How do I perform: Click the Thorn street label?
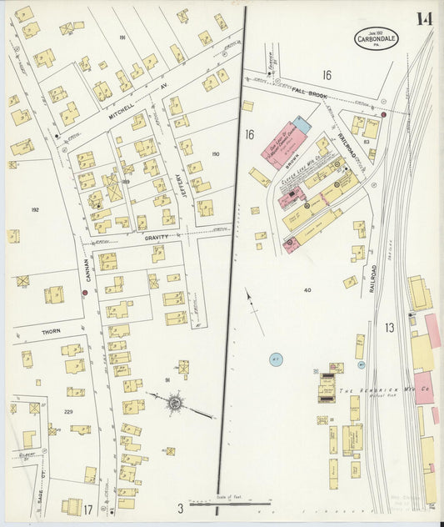click(x=51, y=331)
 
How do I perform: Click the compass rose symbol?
click(x=175, y=404)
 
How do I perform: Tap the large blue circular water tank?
click(x=276, y=360)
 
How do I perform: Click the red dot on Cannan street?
click(x=85, y=293)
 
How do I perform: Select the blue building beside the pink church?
click(x=301, y=125)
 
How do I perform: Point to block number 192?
click(x=34, y=210)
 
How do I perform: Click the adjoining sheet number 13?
click(x=389, y=328)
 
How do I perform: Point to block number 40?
click(x=307, y=290)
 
